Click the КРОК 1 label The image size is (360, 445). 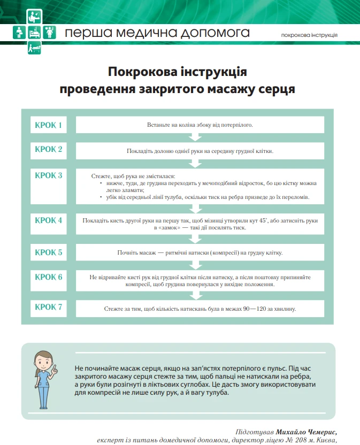click(49, 126)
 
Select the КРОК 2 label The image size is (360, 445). click(49, 149)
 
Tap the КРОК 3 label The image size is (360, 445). click(49, 175)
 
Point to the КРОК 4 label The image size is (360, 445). click(49, 220)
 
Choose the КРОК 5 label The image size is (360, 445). click(49, 252)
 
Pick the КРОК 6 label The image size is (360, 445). click(49, 277)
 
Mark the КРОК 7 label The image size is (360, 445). click(49, 307)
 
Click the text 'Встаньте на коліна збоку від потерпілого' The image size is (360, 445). click(200, 125)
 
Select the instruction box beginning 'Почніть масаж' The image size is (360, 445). click(200, 252)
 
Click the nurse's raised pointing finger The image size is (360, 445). click(55, 354)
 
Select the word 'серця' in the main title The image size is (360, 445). click(277, 88)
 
